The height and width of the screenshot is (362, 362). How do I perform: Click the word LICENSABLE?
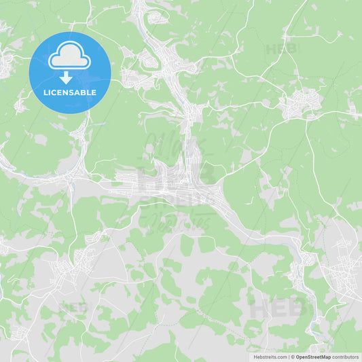(x=69, y=92)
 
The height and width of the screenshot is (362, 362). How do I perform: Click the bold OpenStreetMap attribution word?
(x=314, y=357)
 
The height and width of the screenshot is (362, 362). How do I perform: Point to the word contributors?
(x=345, y=357)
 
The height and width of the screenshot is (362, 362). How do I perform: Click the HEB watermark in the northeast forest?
(x=281, y=49)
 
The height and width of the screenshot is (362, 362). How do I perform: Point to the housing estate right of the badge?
(x=139, y=78)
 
